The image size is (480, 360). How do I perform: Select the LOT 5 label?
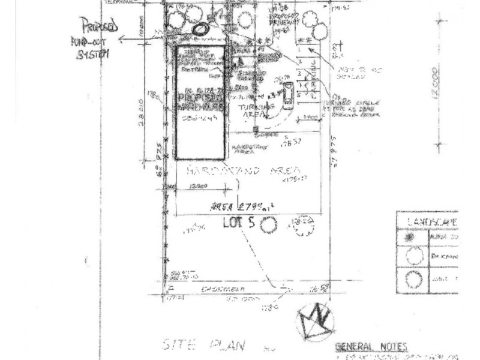[239, 223]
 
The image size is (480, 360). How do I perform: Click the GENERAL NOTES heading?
[371, 347]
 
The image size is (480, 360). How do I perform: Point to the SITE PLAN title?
[203, 345]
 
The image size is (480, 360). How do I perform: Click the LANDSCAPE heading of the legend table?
[432, 221]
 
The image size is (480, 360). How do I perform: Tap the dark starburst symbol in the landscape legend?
[410, 236]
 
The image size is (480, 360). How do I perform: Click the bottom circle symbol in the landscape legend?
[413, 280]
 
